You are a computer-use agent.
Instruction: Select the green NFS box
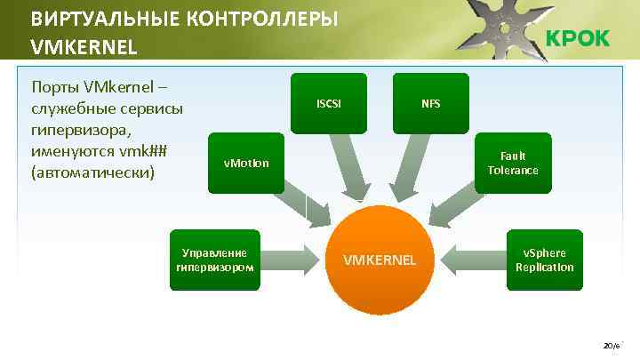point(430,103)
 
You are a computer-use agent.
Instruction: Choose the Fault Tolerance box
point(513,163)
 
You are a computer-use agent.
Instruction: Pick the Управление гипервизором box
point(213,259)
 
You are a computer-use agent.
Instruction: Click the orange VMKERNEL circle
point(379,260)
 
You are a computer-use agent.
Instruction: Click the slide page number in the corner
point(612,344)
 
